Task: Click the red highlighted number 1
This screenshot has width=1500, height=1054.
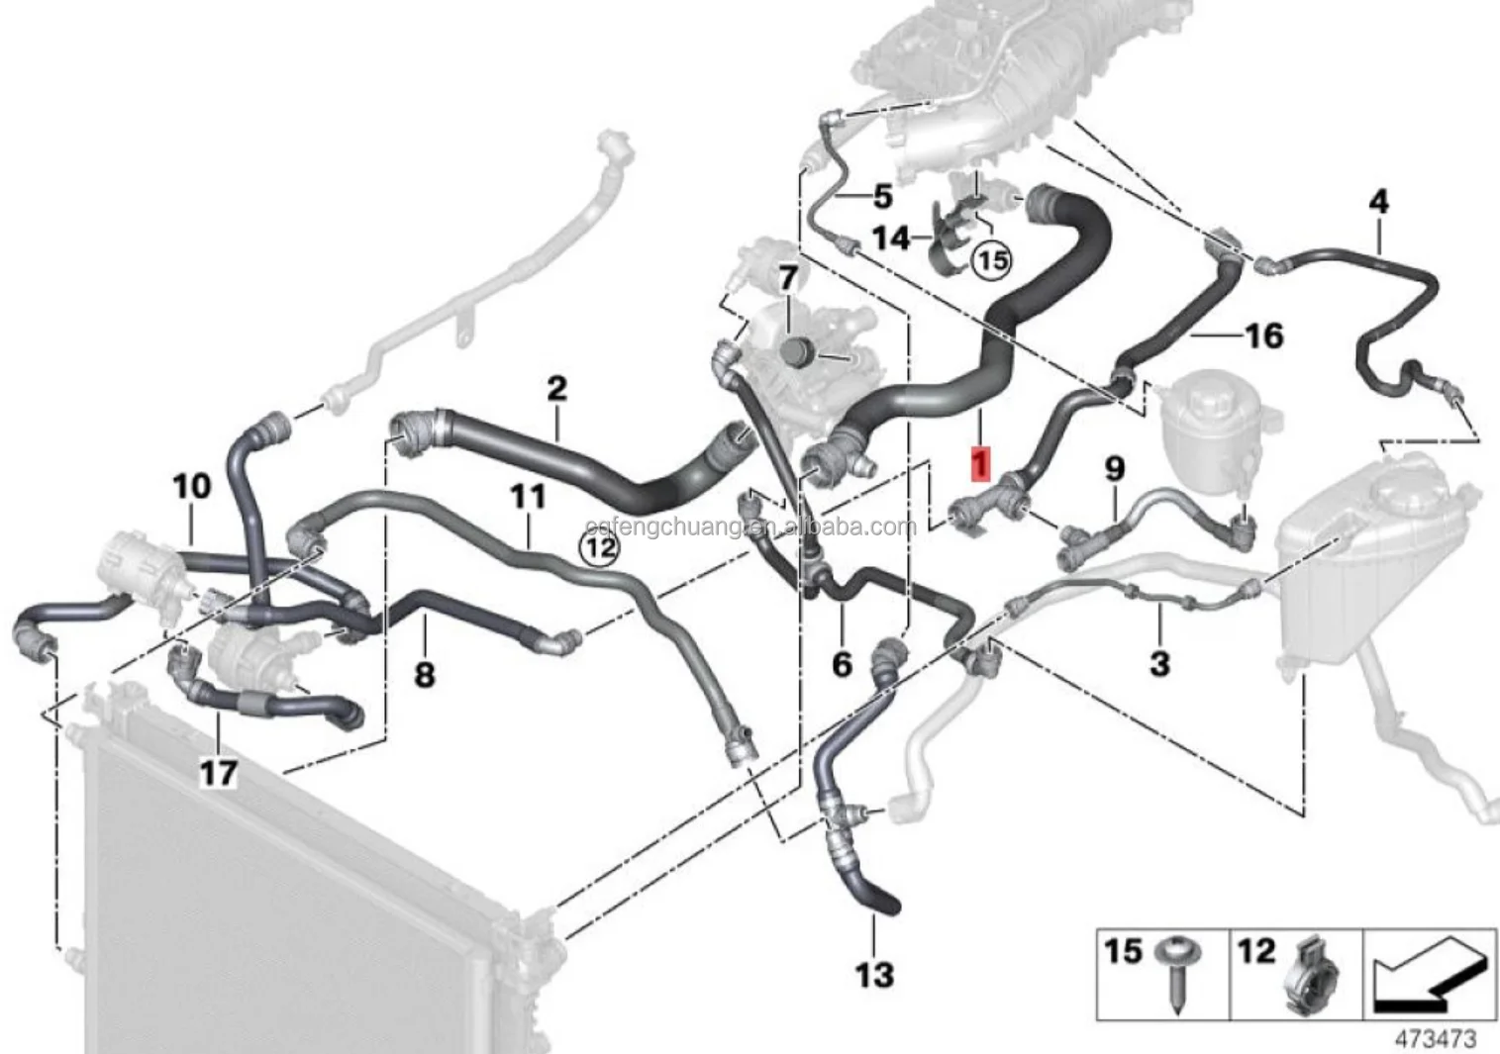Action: [980, 462]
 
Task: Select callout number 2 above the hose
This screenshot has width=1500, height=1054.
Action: [556, 388]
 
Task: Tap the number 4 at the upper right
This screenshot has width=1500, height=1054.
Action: [1378, 203]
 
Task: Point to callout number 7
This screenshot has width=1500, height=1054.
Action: [788, 279]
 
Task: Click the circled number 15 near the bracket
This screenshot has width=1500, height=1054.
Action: [991, 260]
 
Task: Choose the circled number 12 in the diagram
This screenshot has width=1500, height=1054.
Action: [600, 546]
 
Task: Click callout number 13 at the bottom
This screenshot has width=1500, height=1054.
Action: [873, 975]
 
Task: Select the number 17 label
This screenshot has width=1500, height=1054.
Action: [219, 772]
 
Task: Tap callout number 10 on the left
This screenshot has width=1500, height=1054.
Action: [192, 486]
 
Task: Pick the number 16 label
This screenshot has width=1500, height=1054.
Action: [1262, 336]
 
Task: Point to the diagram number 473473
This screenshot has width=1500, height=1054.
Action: [1435, 1038]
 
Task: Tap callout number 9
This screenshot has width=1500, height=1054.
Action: [1115, 468]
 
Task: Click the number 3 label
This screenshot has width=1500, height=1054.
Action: [1159, 662]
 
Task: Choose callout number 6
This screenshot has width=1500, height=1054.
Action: [842, 663]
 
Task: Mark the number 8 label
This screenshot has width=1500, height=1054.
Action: [424, 675]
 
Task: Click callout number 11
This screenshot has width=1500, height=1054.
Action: [528, 496]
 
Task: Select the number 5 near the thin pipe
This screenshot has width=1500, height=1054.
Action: [882, 196]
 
